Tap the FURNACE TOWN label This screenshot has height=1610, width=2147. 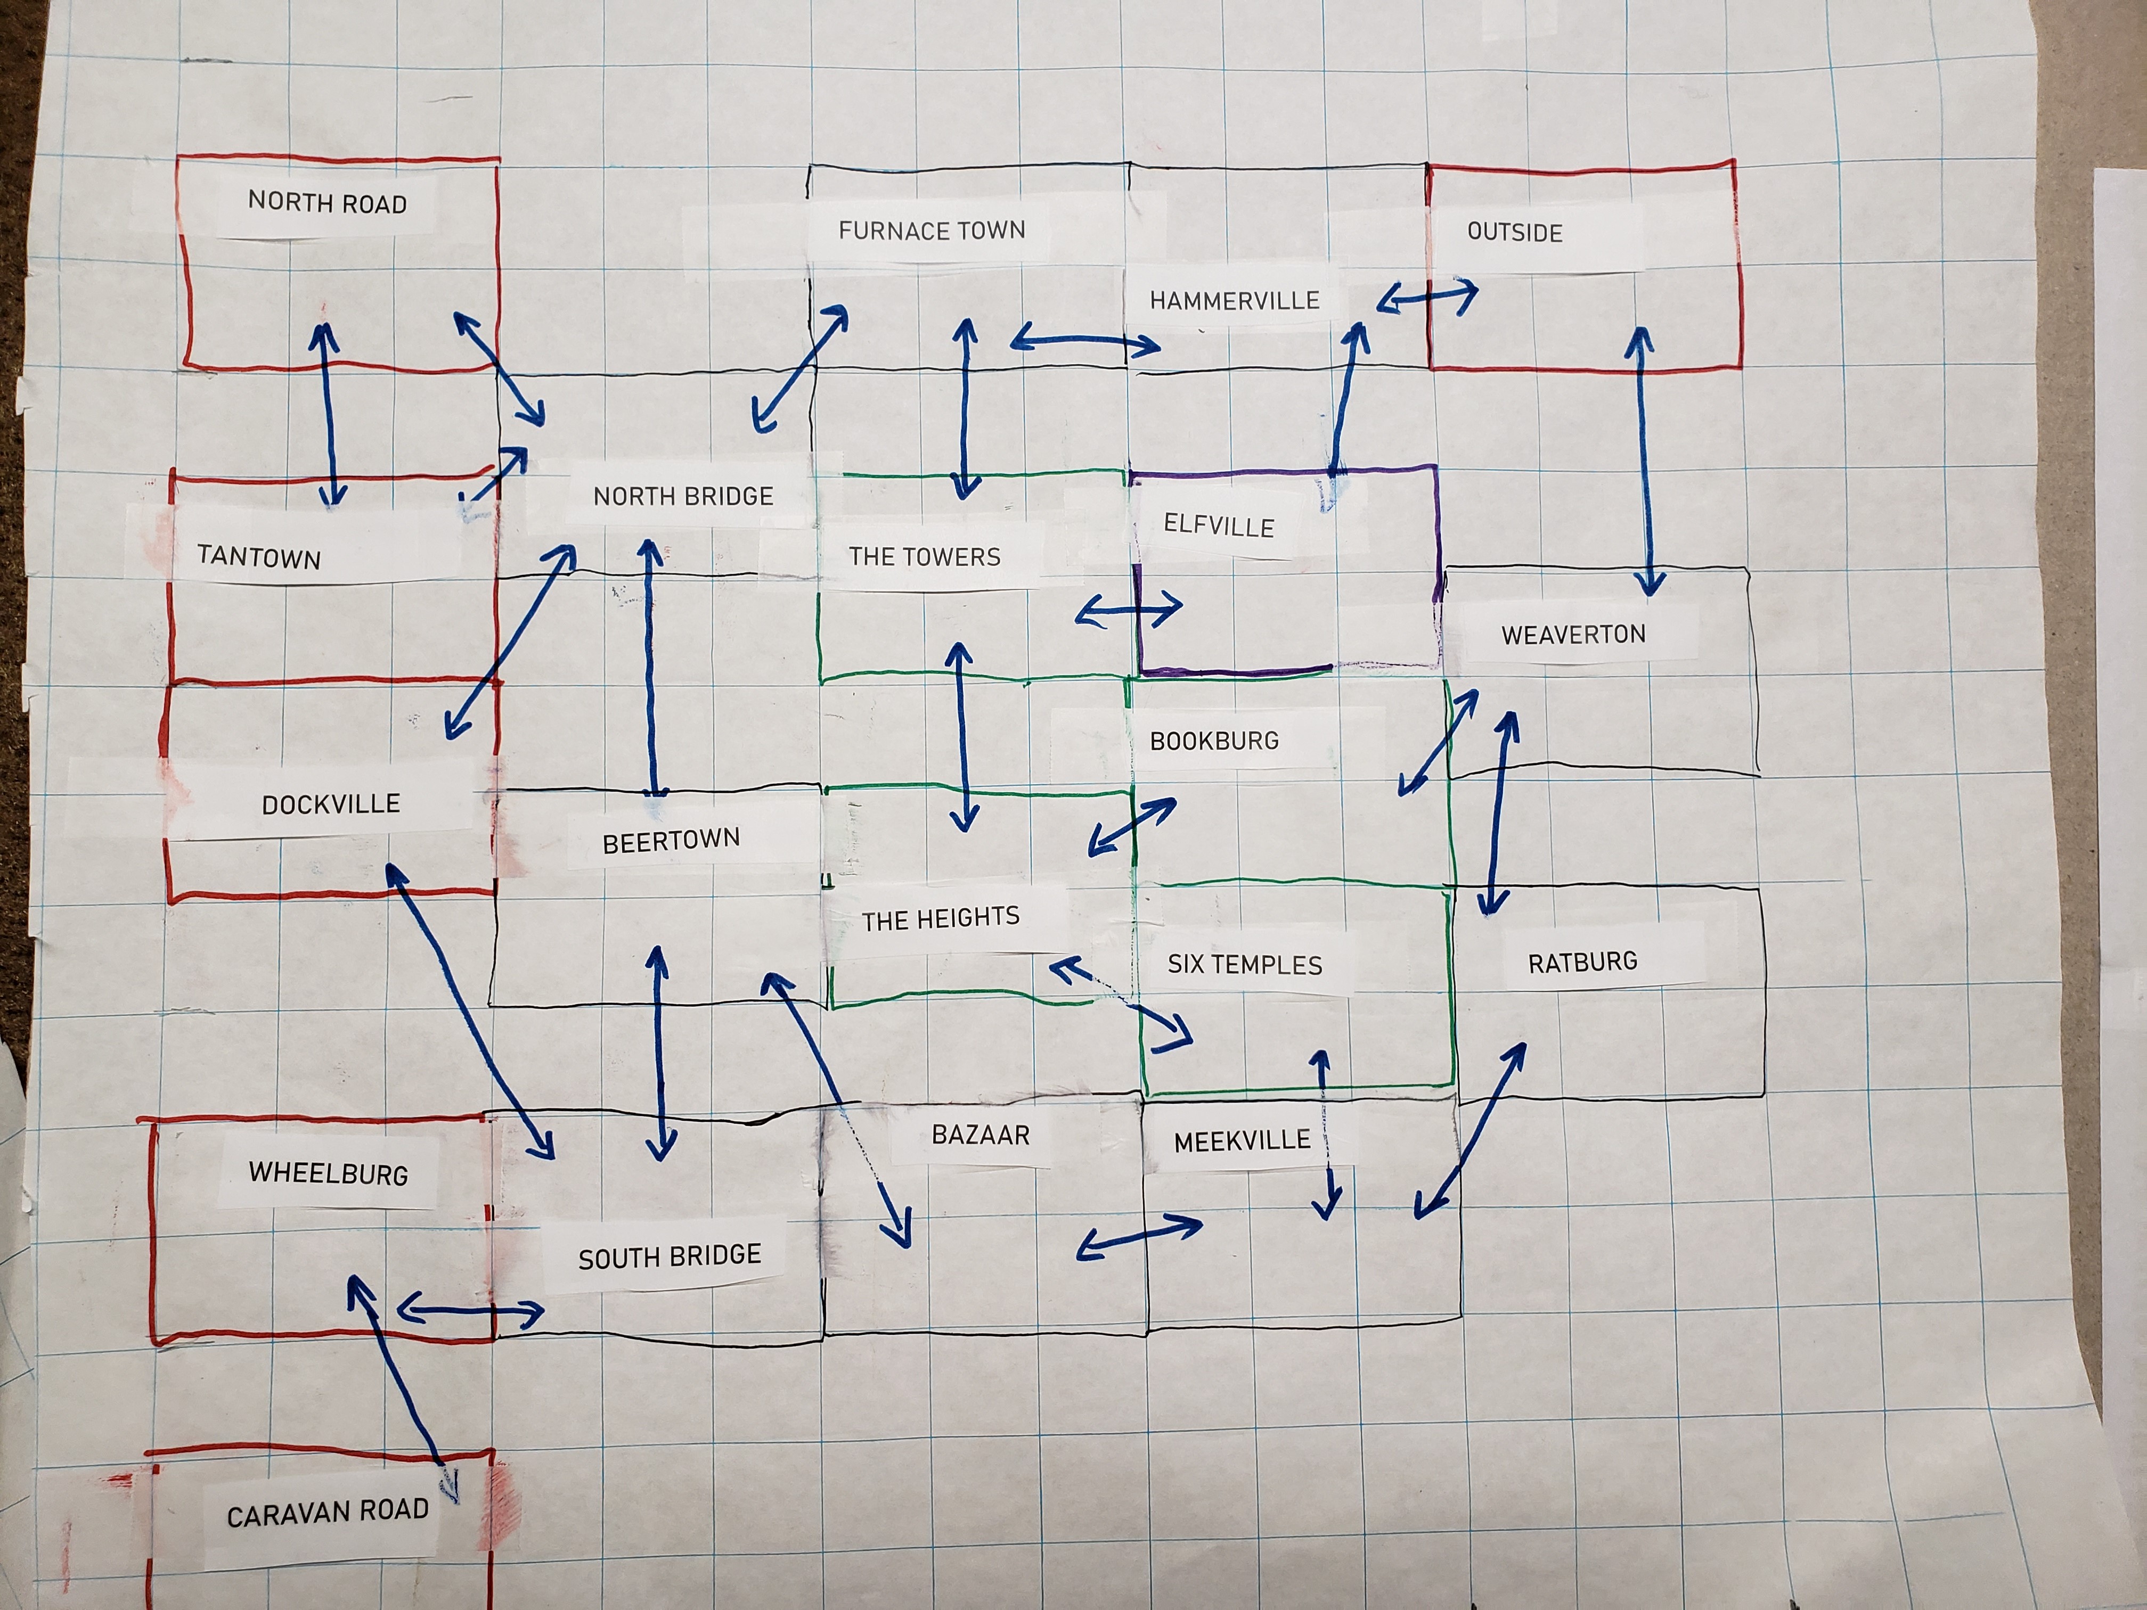(931, 230)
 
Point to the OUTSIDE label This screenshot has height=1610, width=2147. (1514, 232)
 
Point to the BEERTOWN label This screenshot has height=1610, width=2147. (671, 841)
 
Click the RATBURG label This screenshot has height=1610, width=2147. (1582, 962)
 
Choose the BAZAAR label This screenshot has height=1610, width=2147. (981, 1135)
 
